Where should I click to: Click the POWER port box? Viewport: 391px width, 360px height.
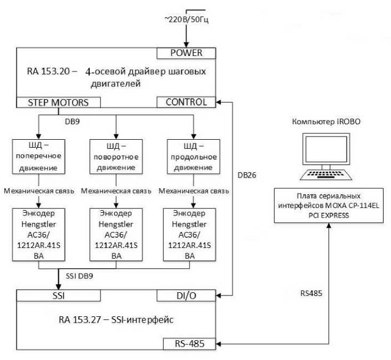(187, 53)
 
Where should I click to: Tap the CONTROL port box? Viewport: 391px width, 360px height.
(187, 102)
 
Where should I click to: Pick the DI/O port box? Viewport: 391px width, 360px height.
(187, 295)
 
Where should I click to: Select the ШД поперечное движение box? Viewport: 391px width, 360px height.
(39, 156)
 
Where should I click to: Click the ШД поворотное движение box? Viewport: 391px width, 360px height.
(116, 156)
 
